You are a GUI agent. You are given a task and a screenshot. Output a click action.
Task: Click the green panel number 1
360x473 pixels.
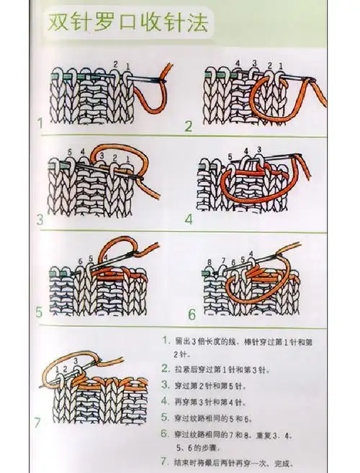(x=40, y=124)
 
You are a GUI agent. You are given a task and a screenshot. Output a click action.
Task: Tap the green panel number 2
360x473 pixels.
(x=189, y=127)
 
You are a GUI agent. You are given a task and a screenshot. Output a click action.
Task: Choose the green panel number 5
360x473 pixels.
(x=40, y=314)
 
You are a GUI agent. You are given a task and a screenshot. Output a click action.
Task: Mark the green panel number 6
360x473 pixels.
(x=192, y=315)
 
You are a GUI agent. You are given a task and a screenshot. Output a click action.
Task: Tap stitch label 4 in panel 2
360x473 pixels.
(x=236, y=63)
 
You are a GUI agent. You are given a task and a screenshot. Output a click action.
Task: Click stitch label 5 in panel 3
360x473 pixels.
(x=69, y=152)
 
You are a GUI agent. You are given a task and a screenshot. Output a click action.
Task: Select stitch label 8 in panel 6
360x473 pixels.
(x=208, y=261)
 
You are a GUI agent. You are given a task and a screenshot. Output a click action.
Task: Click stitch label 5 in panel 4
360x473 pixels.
(x=228, y=157)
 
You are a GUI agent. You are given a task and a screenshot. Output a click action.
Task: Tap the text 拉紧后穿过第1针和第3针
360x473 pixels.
(x=220, y=369)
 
